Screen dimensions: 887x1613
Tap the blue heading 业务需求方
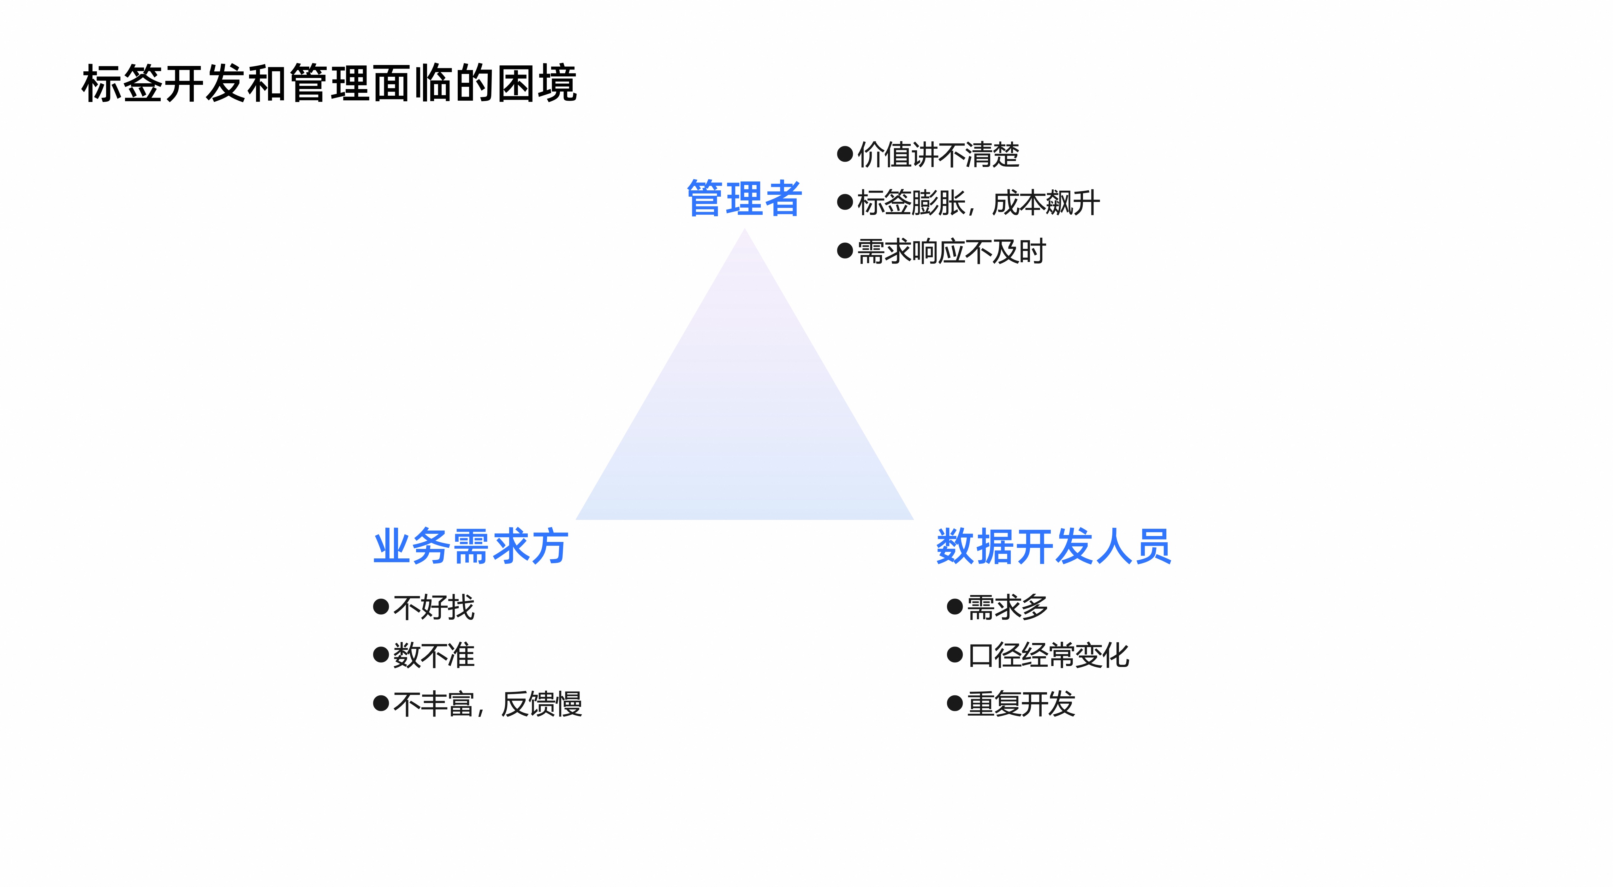pos(471,546)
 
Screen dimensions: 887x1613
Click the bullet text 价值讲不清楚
pos(938,155)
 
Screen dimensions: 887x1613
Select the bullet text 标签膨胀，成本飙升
pos(978,203)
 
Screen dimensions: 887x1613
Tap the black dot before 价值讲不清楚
pos(845,154)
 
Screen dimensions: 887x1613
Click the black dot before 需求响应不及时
pos(845,251)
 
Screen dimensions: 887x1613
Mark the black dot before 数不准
pos(381,655)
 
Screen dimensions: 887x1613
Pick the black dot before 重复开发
pos(954,704)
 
